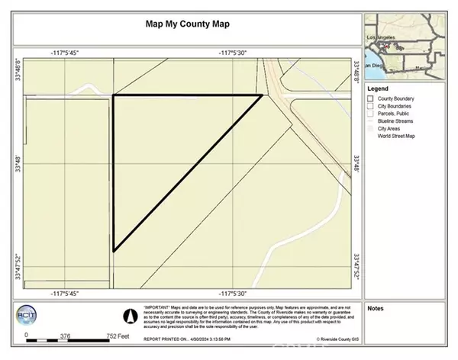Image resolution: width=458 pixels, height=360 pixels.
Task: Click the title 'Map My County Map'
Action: tap(187, 22)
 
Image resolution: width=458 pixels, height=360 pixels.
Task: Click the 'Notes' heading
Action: tap(375, 309)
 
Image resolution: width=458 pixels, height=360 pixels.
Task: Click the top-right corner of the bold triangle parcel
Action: tap(262, 95)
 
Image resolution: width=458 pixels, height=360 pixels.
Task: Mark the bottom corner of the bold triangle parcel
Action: tap(114, 250)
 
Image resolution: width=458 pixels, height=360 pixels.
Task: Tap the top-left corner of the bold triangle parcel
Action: tap(114, 95)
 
